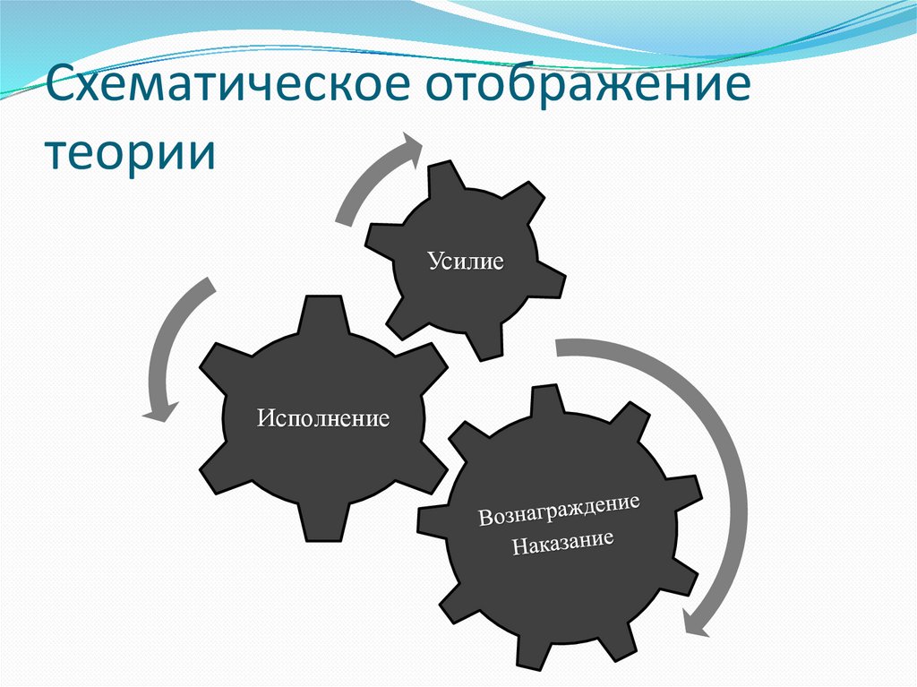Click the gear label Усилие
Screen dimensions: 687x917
point(465,261)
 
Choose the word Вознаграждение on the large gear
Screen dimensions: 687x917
point(559,511)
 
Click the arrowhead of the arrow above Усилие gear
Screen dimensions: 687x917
point(413,148)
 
